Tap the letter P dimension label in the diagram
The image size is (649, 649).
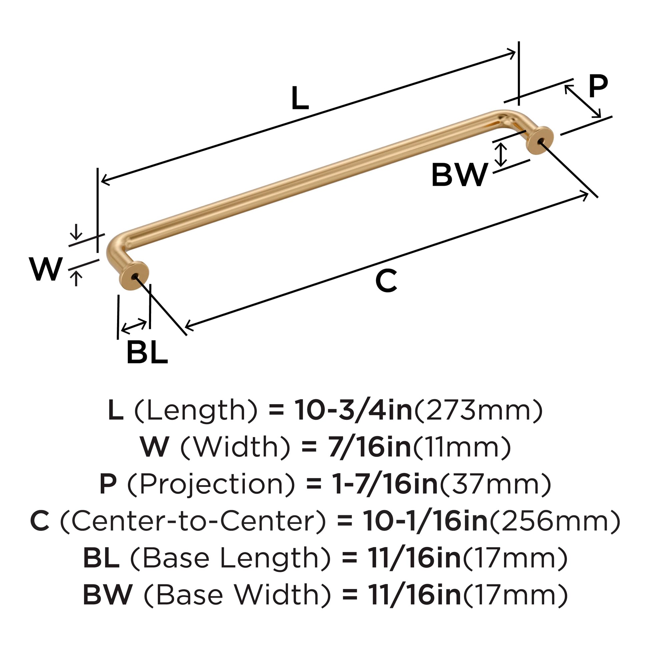pos(598,86)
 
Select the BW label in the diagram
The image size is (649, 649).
pos(459,175)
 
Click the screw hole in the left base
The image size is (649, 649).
pos(135,276)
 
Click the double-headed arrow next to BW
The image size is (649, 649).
pos(501,154)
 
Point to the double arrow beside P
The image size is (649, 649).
pos(583,101)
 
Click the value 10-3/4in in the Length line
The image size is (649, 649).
pos(354,411)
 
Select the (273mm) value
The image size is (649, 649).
pos(478,411)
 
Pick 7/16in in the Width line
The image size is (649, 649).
pos(370,447)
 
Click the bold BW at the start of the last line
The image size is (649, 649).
pos(108,595)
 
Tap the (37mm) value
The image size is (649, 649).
pos(495,484)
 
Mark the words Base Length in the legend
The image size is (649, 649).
pos(230,558)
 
